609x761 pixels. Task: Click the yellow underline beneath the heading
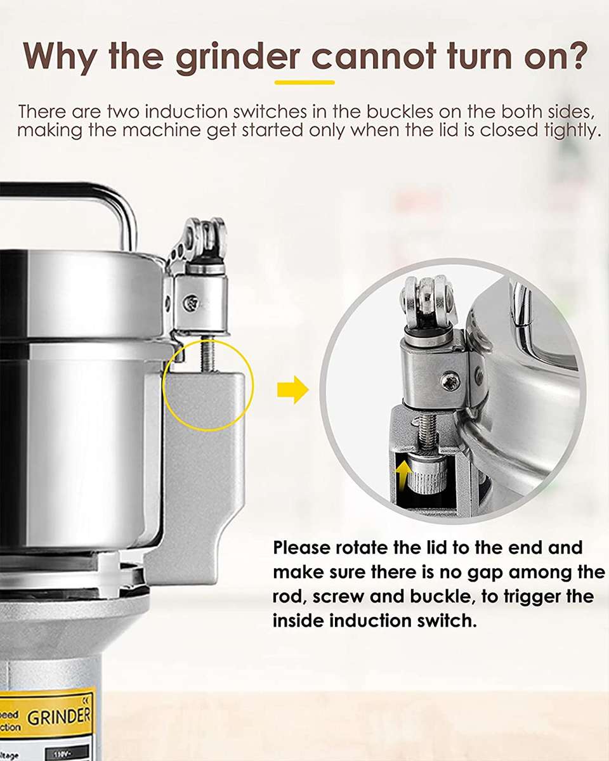tap(304, 82)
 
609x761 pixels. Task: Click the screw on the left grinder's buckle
tap(188, 303)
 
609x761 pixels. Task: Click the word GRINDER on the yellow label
tap(59, 717)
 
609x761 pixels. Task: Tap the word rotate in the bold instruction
tap(365, 547)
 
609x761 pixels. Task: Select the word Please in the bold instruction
tap(301, 547)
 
